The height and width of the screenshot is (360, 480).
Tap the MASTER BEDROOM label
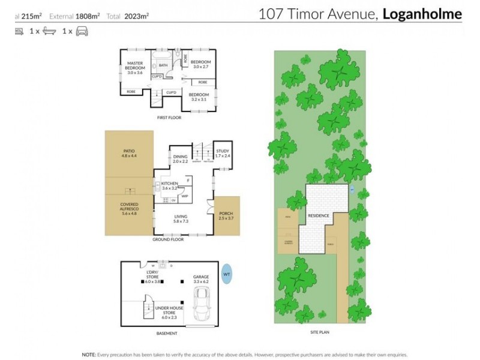point(135,67)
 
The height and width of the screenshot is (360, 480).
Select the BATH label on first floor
point(163,65)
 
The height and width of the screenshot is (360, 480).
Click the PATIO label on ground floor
point(129,154)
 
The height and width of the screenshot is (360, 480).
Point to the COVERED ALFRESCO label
point(129,208)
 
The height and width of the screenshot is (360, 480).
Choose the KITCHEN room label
point(169,185)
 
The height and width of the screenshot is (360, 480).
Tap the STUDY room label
point(223,153)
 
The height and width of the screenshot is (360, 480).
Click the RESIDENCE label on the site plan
point(319,215)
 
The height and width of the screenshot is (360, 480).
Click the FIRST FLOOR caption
point(169,118)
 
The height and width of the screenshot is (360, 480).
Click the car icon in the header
point(82,32)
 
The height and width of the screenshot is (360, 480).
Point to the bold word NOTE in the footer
point(89,354)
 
